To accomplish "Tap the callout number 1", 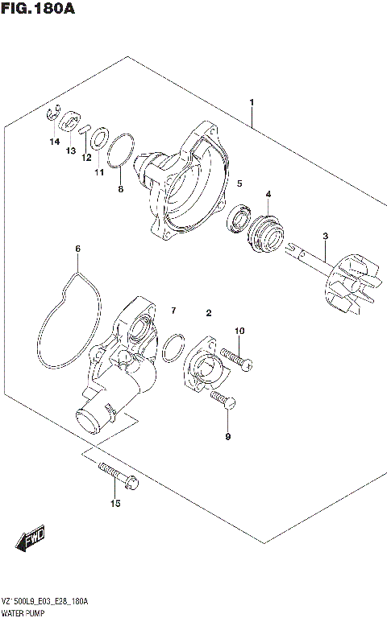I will click(252, 103).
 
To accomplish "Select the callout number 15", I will click(115, 504).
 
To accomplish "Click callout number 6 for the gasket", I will click(78, 249).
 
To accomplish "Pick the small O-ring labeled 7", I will click(171, 348).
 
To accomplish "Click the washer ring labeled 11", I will click(99, 138).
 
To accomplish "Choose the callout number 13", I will click(71, 151).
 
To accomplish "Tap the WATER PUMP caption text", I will click(25, 612).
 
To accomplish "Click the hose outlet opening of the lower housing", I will click(86, 418).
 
